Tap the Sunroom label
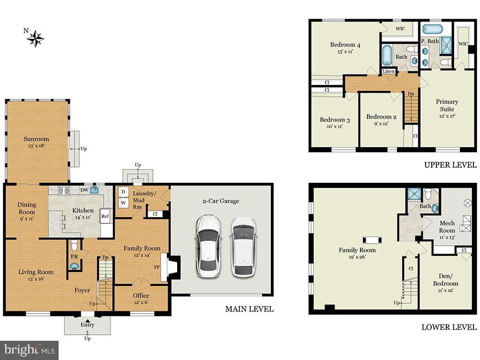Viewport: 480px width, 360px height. [x=36, y=139]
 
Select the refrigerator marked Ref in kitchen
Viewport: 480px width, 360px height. [x=105, y=216]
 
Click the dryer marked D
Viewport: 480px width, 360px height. [x=123, y=192]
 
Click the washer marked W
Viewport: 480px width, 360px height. [x=123, y=202]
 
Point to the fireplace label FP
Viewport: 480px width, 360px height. [x=157, y=267]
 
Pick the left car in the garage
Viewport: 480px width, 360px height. [x=208, y=246]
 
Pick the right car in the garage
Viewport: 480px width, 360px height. [x=244, y=247]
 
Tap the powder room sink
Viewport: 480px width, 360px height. [x=75, y=267]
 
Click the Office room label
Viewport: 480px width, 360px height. [x=141, y=295]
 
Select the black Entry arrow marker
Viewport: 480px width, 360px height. [x=88, y=321]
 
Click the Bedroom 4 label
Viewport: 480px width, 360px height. [x=345, y=45]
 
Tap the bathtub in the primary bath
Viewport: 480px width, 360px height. [x=433, y=30]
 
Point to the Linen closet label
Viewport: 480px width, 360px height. [x=389, y=71]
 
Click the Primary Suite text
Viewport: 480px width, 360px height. [x=447, y=105]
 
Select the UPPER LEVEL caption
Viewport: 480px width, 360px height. [x=450, y=165]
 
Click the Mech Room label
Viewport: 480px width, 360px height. [x=447, y=227]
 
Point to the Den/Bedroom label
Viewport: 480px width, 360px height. [x=445, y=280]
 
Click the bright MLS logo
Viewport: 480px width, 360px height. [x=29, y=350]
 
